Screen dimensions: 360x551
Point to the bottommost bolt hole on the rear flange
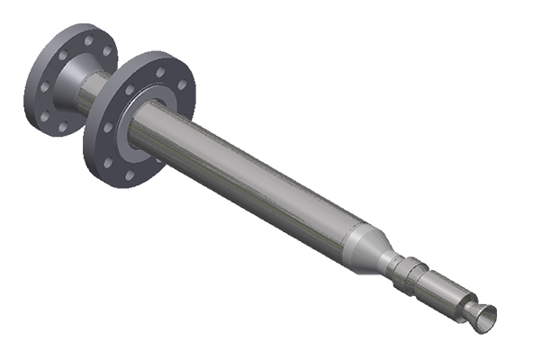tap(62, 128)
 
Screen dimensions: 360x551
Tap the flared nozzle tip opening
tap(483, 317)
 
